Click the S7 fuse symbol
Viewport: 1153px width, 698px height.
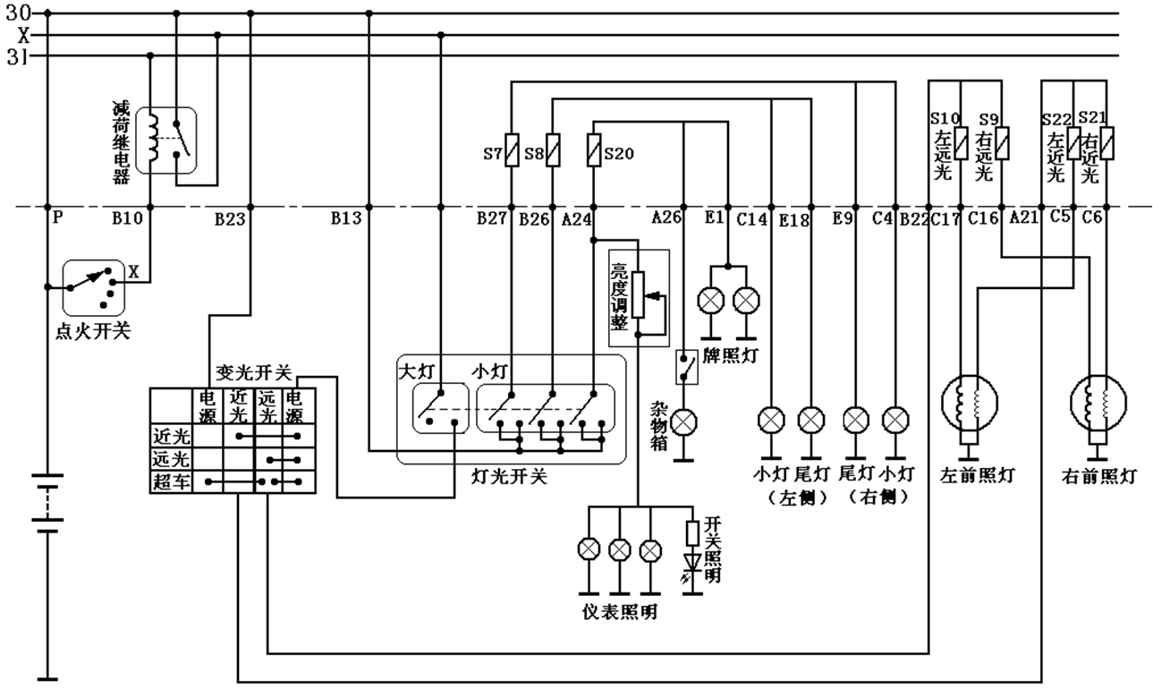(x=512, y=150)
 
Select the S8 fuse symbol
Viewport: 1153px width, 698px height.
(x=552, y=150)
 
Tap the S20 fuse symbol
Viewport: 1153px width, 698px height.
(x=593, y=150)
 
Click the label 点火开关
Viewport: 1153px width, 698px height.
(x=93, y=331)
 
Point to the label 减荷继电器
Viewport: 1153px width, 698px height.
(x=122, y=142)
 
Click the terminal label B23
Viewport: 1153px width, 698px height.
(x=230, y=220)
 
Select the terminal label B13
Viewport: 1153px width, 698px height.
(x=346, y=218)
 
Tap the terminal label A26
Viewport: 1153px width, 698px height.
(x=666, y=217)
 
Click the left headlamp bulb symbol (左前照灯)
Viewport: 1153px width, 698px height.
(x=970, y=403)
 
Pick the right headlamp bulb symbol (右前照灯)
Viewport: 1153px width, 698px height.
(x=1098, y=403)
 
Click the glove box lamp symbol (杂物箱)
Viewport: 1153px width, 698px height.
(x=683, y=422)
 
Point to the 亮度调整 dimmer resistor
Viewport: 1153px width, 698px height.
(x=638, y=294)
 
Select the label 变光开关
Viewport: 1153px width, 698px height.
(x=254, y=372)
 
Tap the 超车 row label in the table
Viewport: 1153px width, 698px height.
(x=172, y=482)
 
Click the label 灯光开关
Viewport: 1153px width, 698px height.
(x=509, y=477)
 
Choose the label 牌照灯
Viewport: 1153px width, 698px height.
(x=731, y=355)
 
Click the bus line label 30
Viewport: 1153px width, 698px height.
(x=18, y=13)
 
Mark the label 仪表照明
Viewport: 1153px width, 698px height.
(x=620, y=612)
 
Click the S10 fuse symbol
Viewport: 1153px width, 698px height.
(x=961, y=143)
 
